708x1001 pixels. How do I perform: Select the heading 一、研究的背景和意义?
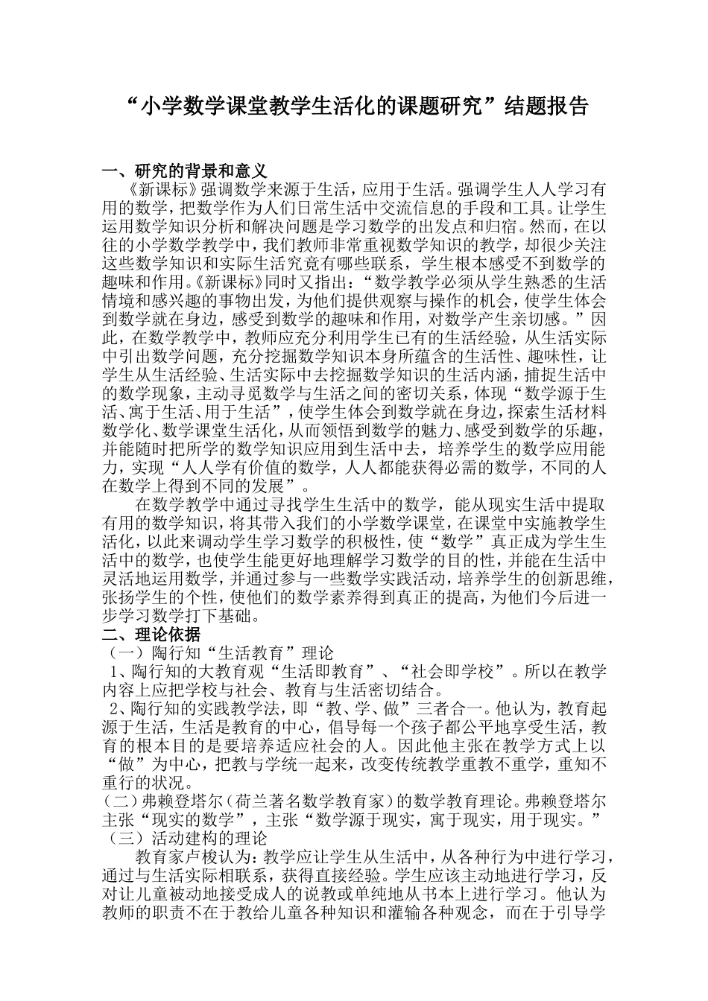point(184,171)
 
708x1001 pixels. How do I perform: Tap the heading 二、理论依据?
point(151,635)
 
